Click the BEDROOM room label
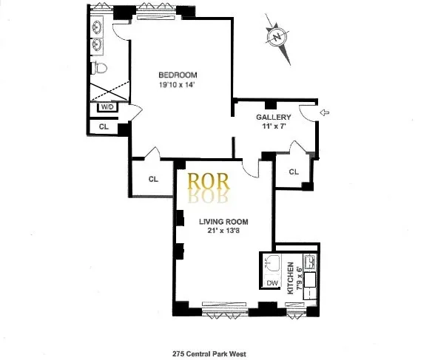[179, 75]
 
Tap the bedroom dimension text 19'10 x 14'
[179, 84]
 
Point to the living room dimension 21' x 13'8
[223, 231]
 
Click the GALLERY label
[273, 118]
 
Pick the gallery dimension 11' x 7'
[273, 127]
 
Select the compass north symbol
[277, 35]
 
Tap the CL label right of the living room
[293, 171]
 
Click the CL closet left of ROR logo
[153, 178]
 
